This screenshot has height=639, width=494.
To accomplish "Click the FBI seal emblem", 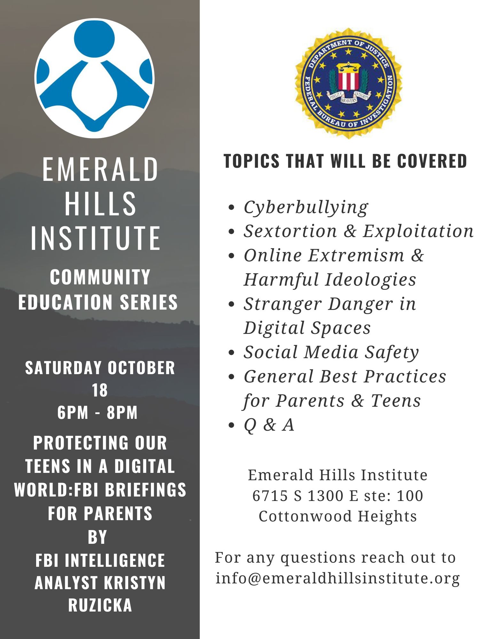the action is point(348,83).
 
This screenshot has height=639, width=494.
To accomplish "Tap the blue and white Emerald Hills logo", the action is point(94,78).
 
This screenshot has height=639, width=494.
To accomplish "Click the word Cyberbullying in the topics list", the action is point(306,207).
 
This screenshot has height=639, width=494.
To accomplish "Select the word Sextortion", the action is point(290,231).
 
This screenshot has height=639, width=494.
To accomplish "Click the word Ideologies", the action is point(371,280).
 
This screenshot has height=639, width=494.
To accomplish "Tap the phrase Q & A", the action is point(269,425).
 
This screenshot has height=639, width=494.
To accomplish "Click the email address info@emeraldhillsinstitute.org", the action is point(338,578).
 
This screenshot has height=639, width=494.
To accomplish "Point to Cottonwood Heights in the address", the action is point(338,516).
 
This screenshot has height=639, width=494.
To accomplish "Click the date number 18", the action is point(100,390).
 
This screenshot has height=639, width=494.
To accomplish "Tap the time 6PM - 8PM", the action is point(98,412).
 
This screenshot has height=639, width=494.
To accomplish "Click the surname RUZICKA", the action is point(100,605).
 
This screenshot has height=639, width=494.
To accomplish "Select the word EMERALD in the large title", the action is point(100,169).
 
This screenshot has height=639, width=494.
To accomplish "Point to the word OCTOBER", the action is point(141,368).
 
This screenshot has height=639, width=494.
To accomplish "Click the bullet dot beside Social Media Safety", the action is point(232,353).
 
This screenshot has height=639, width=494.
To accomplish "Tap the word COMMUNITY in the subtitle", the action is point(100,277).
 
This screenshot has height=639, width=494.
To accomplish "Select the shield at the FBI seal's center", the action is point(348,77).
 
